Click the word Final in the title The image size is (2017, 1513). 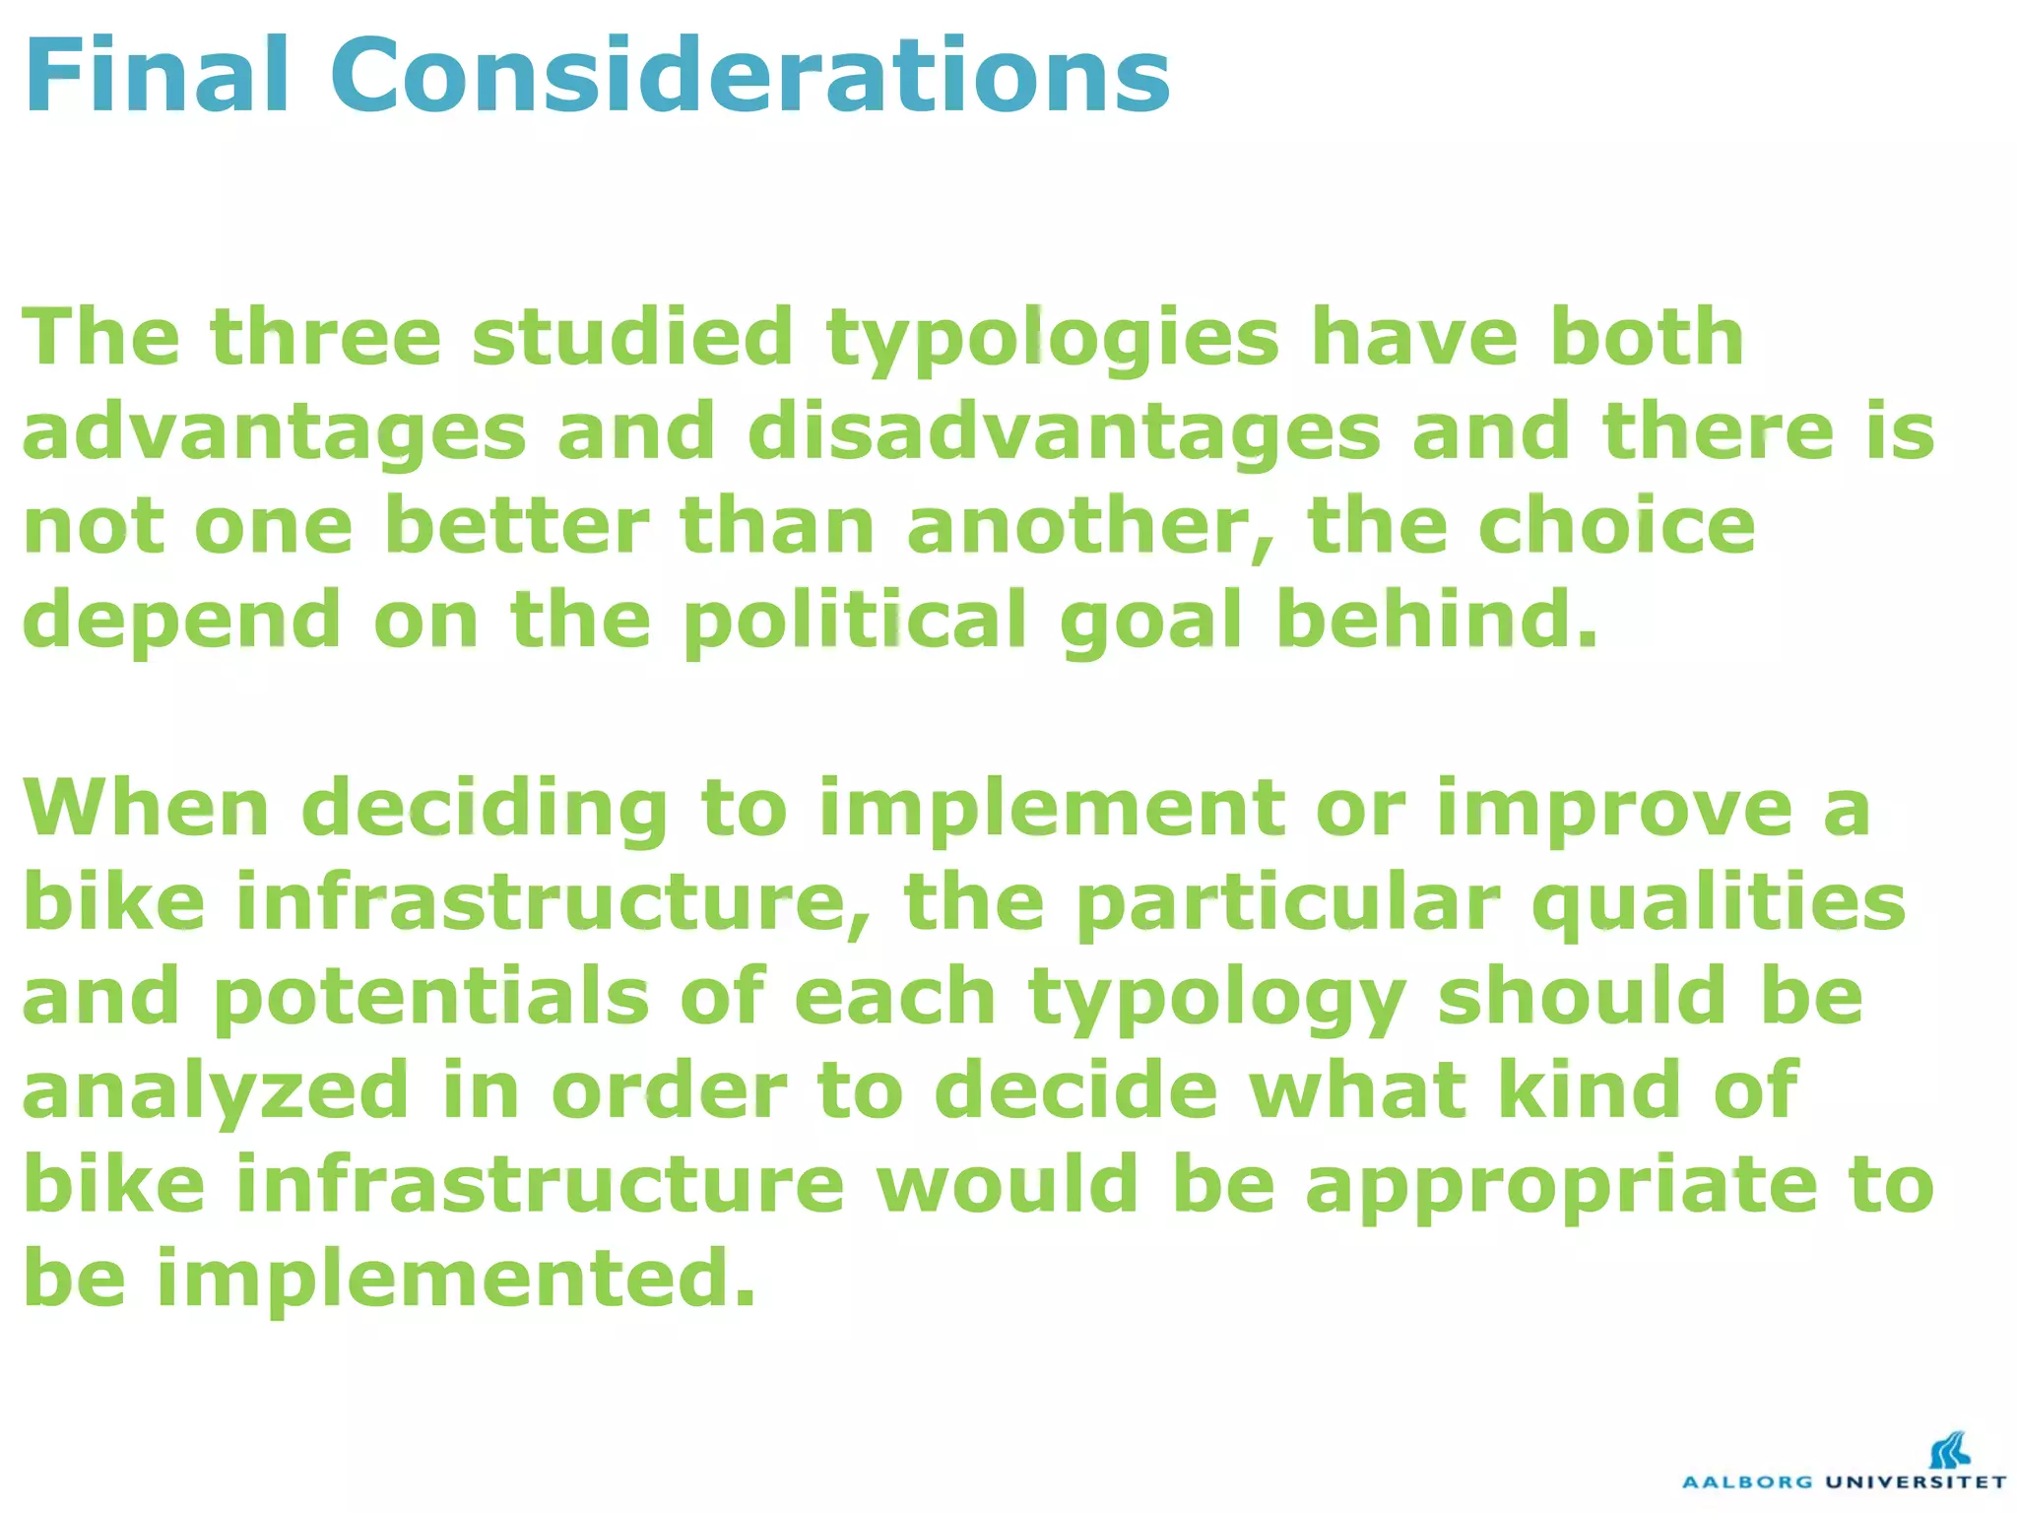[x=158, y=76]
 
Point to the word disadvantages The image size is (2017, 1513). [x=1064, y=433]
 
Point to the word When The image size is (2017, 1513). [x=146, y=808]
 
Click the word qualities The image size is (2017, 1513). [x=1719, y=903]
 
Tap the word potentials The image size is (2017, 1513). [x=431, y=997]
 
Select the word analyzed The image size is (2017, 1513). [x=216, y=1090]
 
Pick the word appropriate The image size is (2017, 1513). [x=1561, y=1185]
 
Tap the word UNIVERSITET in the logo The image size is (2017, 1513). [x=1916, y=1481]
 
